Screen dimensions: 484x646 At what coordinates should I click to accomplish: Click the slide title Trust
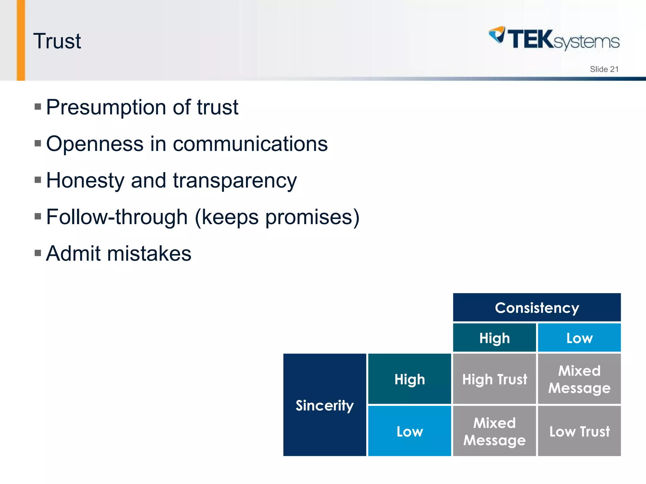(57, 41)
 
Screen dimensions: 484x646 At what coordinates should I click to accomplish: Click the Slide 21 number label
(604, 69)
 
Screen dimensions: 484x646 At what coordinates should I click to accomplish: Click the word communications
(250, 144)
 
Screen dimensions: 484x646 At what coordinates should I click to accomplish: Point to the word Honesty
(85, 181)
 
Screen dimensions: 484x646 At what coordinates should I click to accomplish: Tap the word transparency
(235, 181)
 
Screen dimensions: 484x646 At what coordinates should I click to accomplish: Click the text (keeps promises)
(277, 217)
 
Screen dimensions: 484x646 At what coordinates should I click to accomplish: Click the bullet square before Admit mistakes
(38, 253)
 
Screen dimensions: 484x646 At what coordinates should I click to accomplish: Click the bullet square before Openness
(38, 144)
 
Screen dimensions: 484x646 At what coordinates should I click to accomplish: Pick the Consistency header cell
(537, 308)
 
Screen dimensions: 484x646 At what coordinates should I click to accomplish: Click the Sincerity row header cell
(325, 405)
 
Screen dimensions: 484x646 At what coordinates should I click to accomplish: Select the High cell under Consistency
(494, 338)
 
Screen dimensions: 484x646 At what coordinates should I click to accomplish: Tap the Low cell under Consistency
(579, 338)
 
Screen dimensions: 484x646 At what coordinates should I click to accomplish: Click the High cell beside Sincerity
(409, 379)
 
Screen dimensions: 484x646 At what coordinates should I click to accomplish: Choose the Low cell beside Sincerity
(409, 431)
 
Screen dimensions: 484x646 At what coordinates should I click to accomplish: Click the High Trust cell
(494, 379)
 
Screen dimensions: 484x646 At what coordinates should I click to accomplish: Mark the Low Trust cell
(579, 431)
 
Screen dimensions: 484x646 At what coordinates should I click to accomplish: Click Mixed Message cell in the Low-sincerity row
(494, 431)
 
